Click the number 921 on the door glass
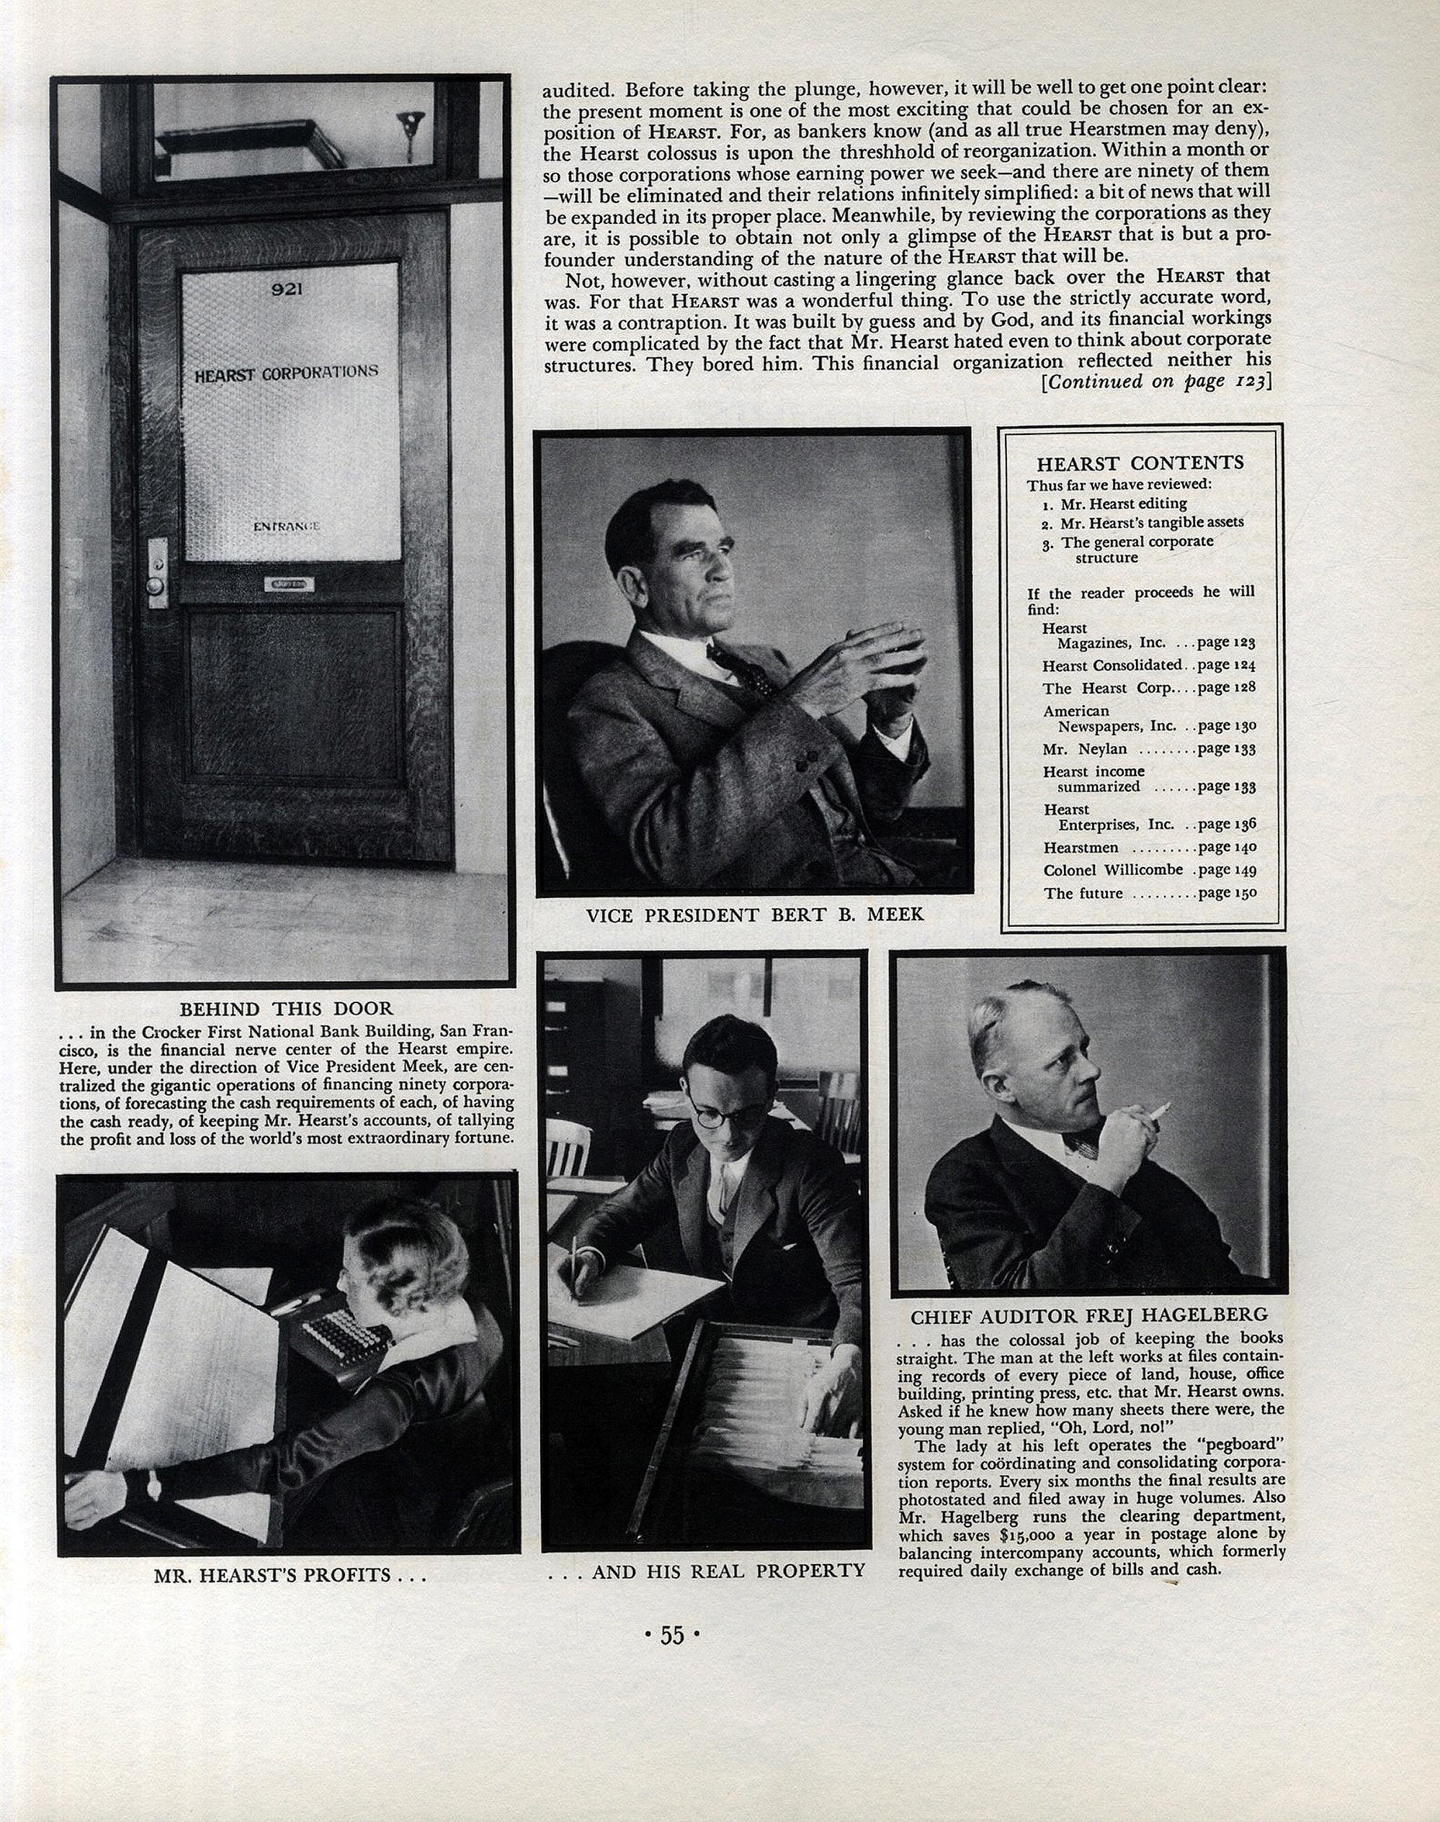click(287, 289)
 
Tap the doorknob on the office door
click(155, 584)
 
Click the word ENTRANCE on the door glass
click(287, 526)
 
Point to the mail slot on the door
click(288, 583)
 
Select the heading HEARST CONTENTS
click(1140, 462)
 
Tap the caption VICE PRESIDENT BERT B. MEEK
click(754, 915)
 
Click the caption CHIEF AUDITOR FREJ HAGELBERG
click(1088, 1316)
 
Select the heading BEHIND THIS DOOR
click(286, 1008)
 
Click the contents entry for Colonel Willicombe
click(1113, 870)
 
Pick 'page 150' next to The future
click(1227, 893)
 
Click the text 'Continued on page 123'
click(1156, 382)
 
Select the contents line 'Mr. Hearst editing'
click(1123, 503)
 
